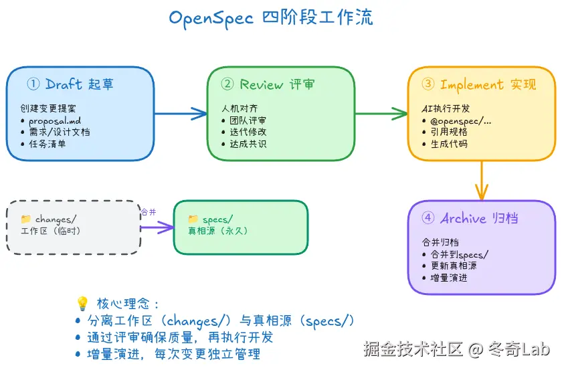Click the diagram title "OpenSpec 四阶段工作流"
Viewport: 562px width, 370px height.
271,17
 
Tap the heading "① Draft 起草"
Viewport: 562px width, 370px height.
70,84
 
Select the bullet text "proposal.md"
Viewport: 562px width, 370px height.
56,120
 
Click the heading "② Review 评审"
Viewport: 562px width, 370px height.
268,84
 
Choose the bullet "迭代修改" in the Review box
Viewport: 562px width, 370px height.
248,132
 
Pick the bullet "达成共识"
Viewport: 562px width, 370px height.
248,143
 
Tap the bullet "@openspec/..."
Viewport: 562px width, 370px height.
462,120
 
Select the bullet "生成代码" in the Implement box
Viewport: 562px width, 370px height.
449,143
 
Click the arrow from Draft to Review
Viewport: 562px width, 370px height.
181,114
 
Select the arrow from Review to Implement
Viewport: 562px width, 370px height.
381,114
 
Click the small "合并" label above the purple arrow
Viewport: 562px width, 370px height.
148,212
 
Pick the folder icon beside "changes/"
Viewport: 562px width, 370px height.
26,219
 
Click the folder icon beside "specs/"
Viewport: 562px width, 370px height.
193,219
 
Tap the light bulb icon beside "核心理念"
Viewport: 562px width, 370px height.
82,303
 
